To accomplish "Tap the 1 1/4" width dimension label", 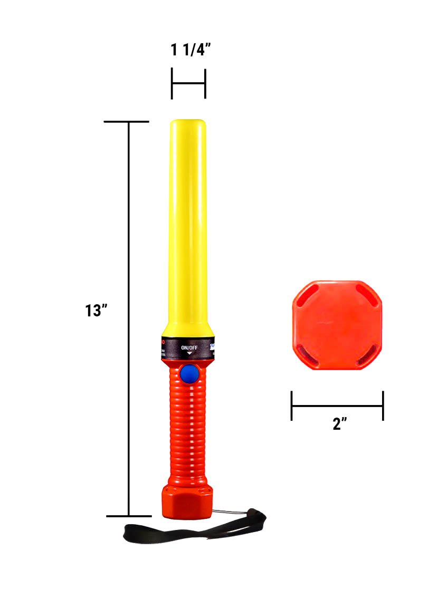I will click(191, 50).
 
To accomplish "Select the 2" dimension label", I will click(338, 424).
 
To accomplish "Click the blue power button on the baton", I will click(188, 374).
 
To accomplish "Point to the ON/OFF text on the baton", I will click(188, 347).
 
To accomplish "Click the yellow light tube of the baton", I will click(188, 221).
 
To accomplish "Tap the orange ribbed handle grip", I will click(187, 427).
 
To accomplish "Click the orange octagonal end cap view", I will click(337, 325).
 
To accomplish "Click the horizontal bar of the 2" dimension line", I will click(337, 406).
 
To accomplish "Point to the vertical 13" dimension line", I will click(129, 316).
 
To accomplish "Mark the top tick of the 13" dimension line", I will click(127, 122).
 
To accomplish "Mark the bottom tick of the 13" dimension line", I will click(129, 516).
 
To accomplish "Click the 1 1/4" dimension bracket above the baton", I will click(188, 83).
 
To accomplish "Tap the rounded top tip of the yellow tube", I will click(188, 123).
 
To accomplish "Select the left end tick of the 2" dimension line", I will click(291, 406).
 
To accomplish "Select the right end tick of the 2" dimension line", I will click(383, 406).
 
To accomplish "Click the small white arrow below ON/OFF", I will click(188, 353).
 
